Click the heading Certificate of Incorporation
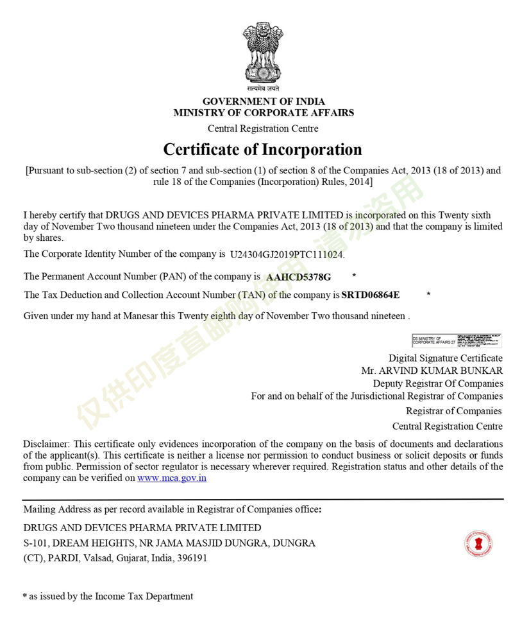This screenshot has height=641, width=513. point(262,150)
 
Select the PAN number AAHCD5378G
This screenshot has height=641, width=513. point(299,277)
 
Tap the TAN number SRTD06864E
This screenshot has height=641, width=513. point(371,295)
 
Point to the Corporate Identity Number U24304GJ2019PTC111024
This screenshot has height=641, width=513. point(287,254)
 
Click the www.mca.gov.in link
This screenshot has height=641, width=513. point(172,478)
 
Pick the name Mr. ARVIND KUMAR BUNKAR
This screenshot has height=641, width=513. point(432,371)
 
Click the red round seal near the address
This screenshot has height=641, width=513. point(478,544)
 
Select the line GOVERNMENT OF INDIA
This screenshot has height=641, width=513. point(264,101)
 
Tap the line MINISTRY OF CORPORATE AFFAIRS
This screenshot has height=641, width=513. point(264,113)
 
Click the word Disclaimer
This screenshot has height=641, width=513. point(46,444)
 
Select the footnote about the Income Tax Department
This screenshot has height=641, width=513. point(108,596)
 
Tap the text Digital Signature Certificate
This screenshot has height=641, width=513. point(446,358)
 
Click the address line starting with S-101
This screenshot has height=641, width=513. point(169,543)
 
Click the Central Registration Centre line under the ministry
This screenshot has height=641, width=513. point(263,128)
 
